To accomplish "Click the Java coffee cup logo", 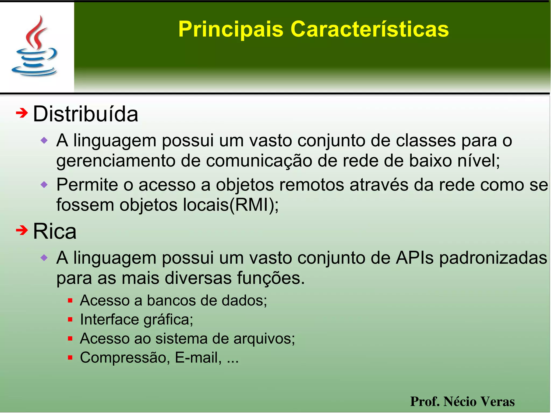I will (x=34, y=46).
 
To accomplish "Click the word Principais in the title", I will (x=231, y=29).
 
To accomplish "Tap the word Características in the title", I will (x=369, y=29).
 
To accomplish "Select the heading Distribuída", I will (x=85, y=114).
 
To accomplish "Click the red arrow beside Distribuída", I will (x=22, y=113).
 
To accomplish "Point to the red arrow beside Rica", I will (x=22, y=230).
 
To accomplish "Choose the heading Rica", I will (x=55, y=231).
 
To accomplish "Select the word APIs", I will (x=415, y=258).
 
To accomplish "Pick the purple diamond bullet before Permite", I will (x=44, y=185).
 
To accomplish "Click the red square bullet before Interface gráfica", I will (x=70, y=320).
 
